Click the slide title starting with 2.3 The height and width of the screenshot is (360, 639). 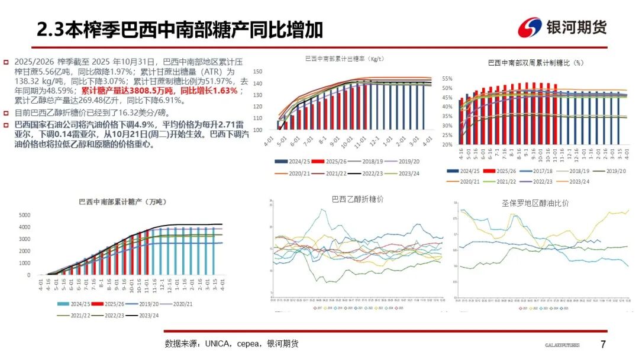pyautogui.click(x=180, y=29)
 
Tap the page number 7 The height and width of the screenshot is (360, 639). pyautogui.click(x=603, y=344)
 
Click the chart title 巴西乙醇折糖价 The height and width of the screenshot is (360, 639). pyautogui.click(x=357, y=200)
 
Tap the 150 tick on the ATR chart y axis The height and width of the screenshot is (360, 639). pyautogui.click(x=257, y=72)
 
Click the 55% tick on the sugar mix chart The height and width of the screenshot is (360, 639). pyautogui.click(x=447, y=78)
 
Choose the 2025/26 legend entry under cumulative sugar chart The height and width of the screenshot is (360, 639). pyautogui.click(x=112, y=304)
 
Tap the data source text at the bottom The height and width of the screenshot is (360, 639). pyautogui.click(x=231, y=343)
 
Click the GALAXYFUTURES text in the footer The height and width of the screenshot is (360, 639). pyautogui.click(x=562, y=345)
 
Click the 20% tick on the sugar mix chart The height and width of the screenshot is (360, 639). pyautogui.click(x=447, y=144)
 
